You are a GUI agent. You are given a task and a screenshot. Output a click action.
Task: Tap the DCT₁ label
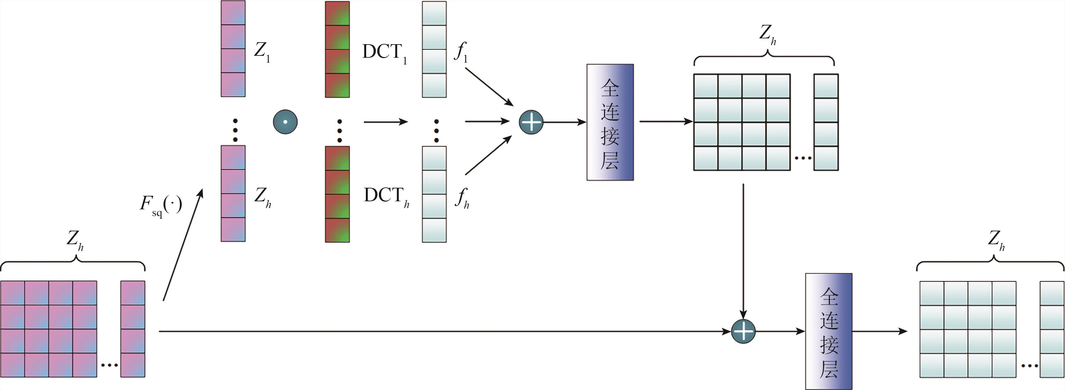point(385,53)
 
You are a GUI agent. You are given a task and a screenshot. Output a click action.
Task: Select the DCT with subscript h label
point(386,196)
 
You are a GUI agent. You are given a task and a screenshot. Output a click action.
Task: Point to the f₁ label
point(461,53)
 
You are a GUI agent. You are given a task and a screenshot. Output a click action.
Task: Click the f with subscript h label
point(462,198)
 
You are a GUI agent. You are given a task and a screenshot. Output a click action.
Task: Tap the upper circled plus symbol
point(531,122)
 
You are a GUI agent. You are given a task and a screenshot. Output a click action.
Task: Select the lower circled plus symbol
point(743,332)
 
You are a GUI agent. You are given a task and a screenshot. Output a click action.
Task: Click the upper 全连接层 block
point(610,122)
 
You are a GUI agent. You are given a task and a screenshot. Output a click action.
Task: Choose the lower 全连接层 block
point(829,332)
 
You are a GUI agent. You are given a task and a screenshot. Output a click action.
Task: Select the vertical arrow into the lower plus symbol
point(743,253)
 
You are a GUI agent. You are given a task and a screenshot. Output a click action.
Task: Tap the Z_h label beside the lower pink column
point(262,197)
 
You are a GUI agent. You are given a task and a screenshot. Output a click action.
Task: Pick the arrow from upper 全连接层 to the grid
point(666,122)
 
